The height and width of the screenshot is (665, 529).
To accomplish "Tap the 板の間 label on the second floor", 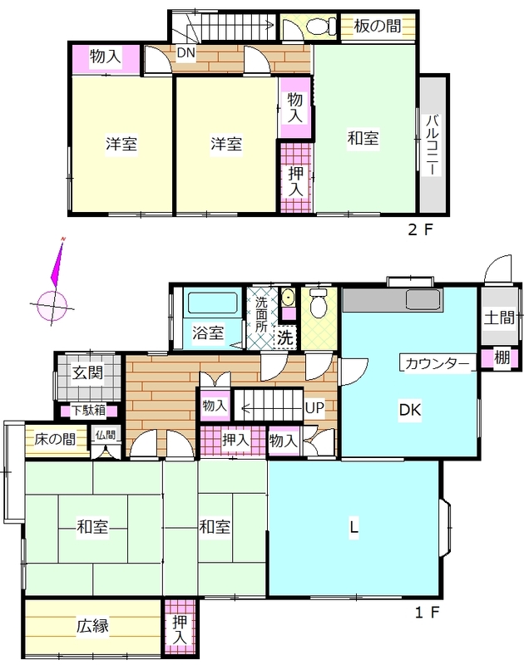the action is [x=378, y=27].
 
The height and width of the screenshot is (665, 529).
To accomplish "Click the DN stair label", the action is [x=185, y=53].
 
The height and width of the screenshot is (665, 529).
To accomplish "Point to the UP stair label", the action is [x=314, y=408].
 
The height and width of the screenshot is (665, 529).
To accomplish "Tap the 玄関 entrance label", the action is [x=87, y=373].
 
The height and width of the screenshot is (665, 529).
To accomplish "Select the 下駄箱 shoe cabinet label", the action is [x=88, y=411].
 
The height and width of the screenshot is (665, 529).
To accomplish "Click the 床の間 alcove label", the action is [x=56, y=439].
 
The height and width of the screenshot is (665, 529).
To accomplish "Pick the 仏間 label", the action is [x=105, y=435].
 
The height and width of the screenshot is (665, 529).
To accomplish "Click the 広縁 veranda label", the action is [x=92, y=626].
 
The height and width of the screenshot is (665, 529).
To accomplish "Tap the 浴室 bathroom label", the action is [x=208, y=332].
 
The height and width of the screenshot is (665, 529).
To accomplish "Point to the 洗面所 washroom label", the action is [x=261, y=314].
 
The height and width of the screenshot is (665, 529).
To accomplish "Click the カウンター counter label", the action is [x=438, y=364].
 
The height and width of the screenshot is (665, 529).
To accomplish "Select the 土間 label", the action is [x=499, y=318].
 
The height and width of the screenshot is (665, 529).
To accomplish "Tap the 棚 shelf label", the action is [x=502, y=357].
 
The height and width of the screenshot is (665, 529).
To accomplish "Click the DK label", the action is [x=410, y=410].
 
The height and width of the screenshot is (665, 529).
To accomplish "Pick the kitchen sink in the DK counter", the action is [x=423, y=299].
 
